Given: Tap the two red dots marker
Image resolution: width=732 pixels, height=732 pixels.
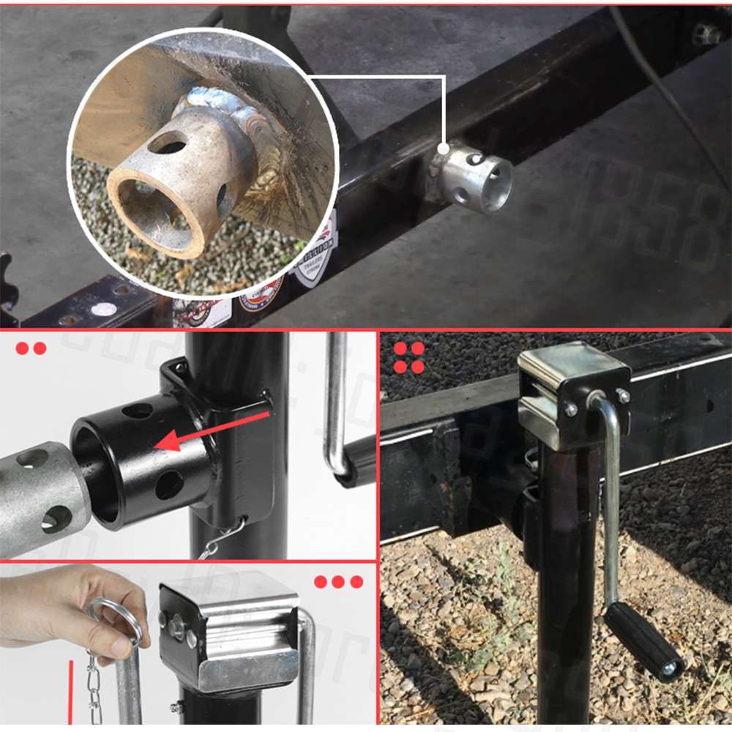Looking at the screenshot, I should (31, 348).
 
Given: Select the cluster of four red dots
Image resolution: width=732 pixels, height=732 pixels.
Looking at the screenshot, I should (409, 357).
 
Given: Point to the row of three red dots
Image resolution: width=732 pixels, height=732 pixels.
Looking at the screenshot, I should (338, 582).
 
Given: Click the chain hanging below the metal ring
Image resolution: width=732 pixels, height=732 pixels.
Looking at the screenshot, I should (93, 688).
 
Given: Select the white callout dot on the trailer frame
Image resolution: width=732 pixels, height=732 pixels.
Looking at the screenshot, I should (444, 149).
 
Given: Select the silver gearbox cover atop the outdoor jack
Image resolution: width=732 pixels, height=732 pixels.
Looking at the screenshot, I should (571, 395).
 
